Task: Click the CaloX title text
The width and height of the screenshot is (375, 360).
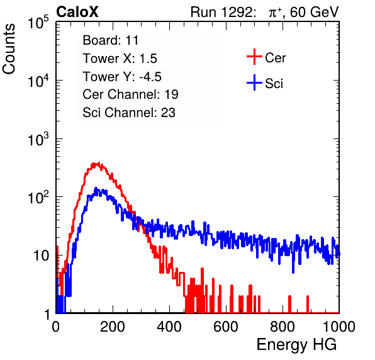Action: (x=77, y=12)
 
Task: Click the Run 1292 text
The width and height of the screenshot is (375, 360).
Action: (x=221, y=12)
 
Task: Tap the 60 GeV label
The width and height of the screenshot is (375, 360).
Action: (x=314, y=12)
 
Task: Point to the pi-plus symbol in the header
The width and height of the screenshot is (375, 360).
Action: (x=275, y=12)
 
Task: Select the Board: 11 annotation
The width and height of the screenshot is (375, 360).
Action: (x=111, y=40)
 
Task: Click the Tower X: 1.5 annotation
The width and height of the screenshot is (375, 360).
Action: (x=120, y=59)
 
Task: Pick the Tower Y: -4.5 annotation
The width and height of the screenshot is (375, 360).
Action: (x=122, y=77)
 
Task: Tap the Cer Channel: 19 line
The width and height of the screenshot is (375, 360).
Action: (x=130, y=94)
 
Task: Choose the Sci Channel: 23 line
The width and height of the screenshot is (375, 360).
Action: (x=129, y=113)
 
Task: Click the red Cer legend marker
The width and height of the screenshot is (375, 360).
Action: (x=254, y=57)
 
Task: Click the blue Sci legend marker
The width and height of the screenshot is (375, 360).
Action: (x=254, y=83)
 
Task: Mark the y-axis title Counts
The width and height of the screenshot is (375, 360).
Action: (x=9, y=49)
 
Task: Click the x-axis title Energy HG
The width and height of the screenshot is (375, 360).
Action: (x=296, y=345)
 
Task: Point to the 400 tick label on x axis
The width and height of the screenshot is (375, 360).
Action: (x=169, y=327)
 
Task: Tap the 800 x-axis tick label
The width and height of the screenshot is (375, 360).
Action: (x=283, y=327)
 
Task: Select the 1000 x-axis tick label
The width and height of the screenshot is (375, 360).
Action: (x=339, y=327)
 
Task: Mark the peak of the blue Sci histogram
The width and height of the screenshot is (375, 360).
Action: (x=96, y=188)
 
